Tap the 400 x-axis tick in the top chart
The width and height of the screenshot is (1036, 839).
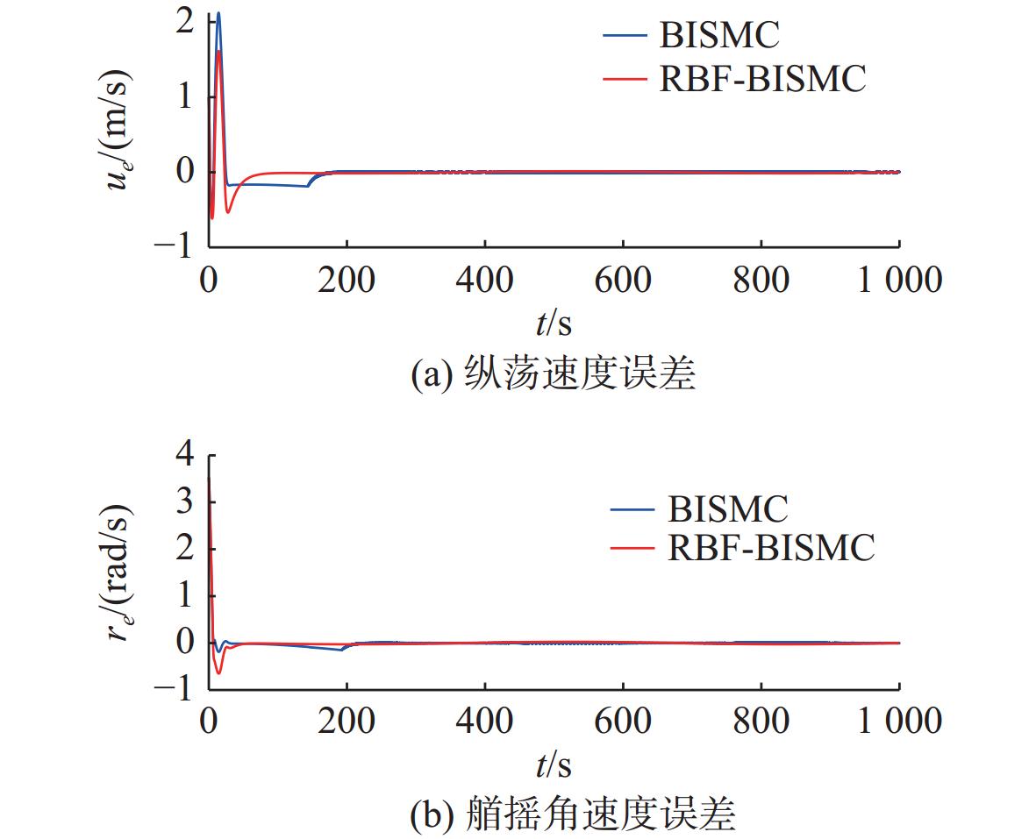click(x=484, y=281)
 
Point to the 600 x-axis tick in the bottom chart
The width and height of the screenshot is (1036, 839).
click(x=622, y=722)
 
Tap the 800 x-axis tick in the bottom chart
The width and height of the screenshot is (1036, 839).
click(x=760, y=722)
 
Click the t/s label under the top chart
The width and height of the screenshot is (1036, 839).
click(x=553, y=324)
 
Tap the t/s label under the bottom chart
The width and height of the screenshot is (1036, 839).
click(x=553, y=765)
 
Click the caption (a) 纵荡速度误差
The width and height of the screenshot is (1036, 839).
click(x=553, y=374)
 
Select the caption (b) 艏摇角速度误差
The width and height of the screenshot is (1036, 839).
click(x=572, y=815)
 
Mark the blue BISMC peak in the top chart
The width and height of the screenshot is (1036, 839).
click(x=218, y=13)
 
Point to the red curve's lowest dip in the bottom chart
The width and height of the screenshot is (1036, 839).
click(x=218, y=672)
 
